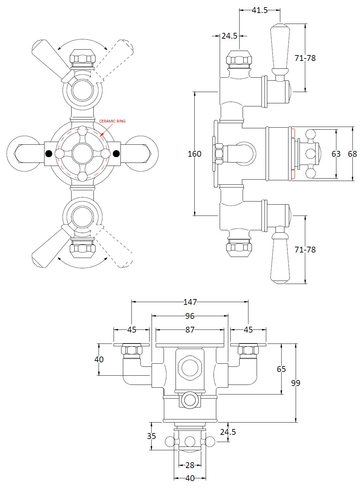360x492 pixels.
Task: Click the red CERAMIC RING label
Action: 112,121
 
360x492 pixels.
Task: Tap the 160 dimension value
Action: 194,154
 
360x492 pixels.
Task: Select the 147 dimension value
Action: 190,302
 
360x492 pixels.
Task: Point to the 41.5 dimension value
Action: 259,10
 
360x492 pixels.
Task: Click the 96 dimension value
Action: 190,316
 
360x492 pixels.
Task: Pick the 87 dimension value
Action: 190,330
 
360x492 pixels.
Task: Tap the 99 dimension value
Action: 296,383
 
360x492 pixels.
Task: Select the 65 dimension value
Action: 281,369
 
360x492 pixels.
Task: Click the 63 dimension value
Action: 336,154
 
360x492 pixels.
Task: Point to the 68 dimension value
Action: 352,154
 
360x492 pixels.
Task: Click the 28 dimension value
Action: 190,465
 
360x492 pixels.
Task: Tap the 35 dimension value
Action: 152,436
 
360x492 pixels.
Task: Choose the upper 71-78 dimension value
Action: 305,58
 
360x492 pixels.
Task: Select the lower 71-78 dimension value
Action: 305,250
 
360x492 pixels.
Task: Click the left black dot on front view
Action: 49,154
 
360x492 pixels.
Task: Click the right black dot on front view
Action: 116,154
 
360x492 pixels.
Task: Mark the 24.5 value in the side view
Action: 229,36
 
